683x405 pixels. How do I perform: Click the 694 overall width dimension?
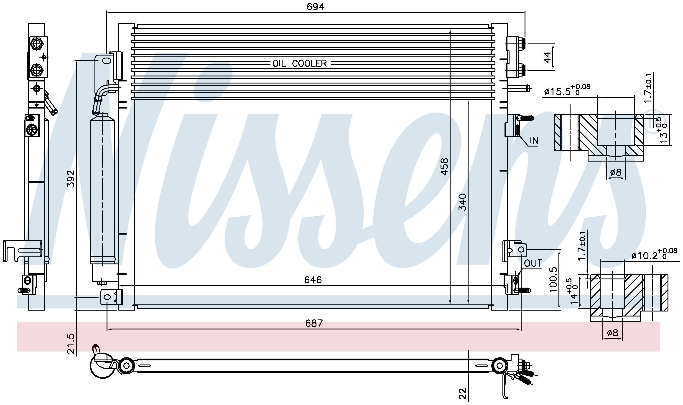coord(315,7)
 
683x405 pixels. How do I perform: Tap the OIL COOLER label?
coord(300,63)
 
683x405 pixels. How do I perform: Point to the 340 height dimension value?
coord(462,202)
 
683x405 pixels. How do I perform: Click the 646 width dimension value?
coord(313,280)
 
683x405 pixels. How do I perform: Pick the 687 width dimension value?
coord(314,323)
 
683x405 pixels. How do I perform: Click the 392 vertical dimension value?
coord(71,179)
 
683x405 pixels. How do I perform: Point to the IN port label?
coord(534,141)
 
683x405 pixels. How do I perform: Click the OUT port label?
coord(533,263)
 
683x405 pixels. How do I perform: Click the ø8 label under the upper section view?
coord(616,172)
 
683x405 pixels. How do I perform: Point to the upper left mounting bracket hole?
coord(106,61)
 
